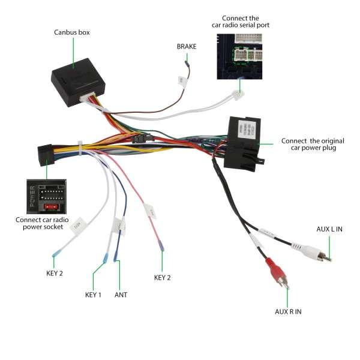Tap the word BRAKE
187,46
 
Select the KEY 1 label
93,295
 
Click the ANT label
121,295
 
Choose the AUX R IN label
289,311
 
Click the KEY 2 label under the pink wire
163,277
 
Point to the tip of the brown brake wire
187,61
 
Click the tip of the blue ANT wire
116,263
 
